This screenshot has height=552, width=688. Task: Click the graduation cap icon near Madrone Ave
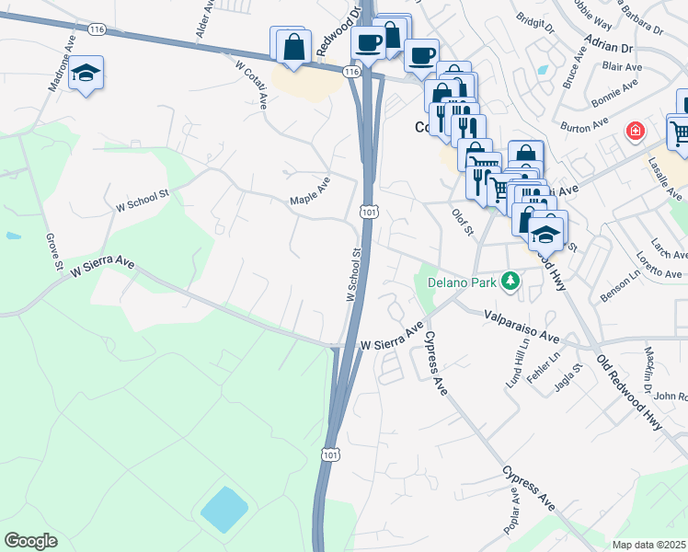(x=86, y=73)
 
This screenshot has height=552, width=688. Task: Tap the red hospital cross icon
(x=635, y=132)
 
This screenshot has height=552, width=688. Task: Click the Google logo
(x=30, y=541)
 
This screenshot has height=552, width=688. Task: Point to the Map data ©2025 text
(x=649, y=545)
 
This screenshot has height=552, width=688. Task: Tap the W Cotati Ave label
(x=251, y=83)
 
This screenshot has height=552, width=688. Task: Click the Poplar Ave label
(x=511, y=510)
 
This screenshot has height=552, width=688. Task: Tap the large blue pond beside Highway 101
(x=224, y=509)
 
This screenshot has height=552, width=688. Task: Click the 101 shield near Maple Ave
(x=368, y=213)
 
